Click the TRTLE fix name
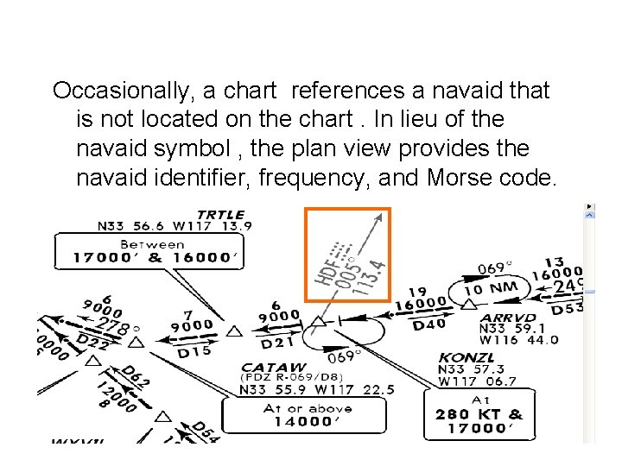click(x=220, y=214)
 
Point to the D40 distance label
click(x=429, y=324)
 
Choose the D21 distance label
click(x=279, y=343)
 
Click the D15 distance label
click(x=194, y=351)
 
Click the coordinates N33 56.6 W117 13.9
click(x=175, y=226)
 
